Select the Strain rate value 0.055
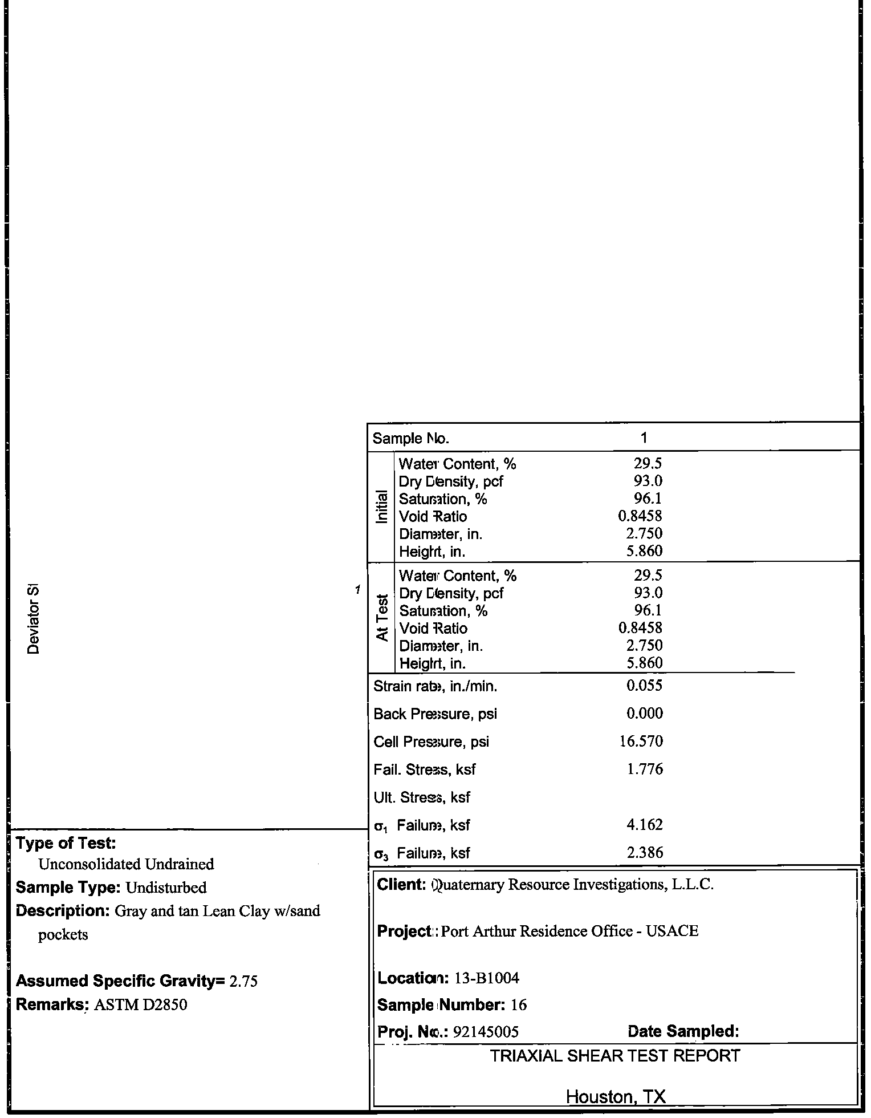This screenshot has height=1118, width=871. pos(644,686)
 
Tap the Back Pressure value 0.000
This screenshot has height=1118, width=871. pos(644,714)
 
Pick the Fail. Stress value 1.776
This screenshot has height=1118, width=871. pos(645,769)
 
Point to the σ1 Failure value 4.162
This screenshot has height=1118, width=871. pos(645,825)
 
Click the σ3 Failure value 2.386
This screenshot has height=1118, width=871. pos(645,853)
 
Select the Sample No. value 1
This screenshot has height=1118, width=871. pos(644,438)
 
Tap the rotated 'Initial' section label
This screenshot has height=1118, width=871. pos(382,507)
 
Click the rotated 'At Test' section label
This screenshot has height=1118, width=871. pos(382,618)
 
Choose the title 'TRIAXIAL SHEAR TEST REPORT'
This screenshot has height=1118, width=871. pos(615,1056)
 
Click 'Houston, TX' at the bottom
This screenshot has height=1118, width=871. pos(615,1097)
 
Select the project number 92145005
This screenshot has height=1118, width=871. pos(485,1031)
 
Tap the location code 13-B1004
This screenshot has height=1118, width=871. pos(487,978)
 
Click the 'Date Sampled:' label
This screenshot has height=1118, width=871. pos(683,1031)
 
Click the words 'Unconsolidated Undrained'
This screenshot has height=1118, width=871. pos(126,864)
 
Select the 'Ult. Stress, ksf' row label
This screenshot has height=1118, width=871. pos(422,797)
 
